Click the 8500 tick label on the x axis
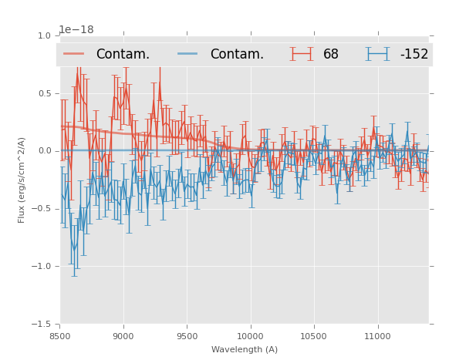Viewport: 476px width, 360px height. click(x=60, y=336)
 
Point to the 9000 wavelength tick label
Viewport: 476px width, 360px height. click(x=123, y=336)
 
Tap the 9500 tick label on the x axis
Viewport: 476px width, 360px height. click(x=187, y=336)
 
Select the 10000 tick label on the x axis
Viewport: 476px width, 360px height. click(x=250, y=336)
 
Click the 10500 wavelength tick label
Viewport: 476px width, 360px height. click(x=313, y=336)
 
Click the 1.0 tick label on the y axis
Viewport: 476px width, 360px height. click(x=44, y=35)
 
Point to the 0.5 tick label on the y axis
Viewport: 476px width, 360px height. click(x=44, y=93)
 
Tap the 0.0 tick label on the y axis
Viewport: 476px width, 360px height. click(x=44, y=151)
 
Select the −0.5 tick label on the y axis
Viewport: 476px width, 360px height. click(x=42, y=209)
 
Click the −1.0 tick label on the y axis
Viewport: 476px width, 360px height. click(x=42, y=267)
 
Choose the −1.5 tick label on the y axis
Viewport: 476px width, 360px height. click(x=42, y=325)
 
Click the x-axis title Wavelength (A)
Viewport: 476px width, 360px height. click(x=245, y=349)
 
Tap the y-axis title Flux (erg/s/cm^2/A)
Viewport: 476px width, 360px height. click(x=22, y=180)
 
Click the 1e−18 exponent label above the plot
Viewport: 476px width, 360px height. click(x=76, y=30)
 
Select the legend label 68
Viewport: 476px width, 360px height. click(x=331, y=54)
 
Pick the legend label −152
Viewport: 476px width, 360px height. click(x=414, y=54)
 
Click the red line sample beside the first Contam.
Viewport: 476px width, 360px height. click(x=74, y=54)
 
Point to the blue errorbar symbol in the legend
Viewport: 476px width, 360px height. click(x=378, y=54)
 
